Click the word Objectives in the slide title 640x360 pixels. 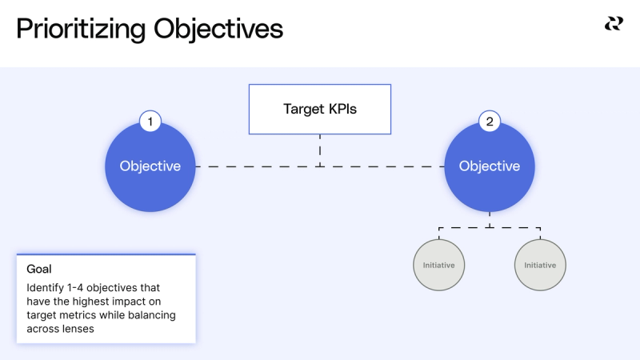click(218, 29)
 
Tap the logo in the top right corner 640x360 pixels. click(613, 24)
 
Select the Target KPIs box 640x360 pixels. click(320, 109)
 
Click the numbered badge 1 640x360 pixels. click(150, 122)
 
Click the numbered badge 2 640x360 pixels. click(490, 122)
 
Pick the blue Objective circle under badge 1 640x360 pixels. click(150, 166)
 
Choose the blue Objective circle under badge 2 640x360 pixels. click(490, 166)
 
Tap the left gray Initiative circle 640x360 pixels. click(439, 265)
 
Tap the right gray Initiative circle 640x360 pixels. click(540, 265)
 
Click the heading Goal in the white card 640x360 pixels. click(39, 270)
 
